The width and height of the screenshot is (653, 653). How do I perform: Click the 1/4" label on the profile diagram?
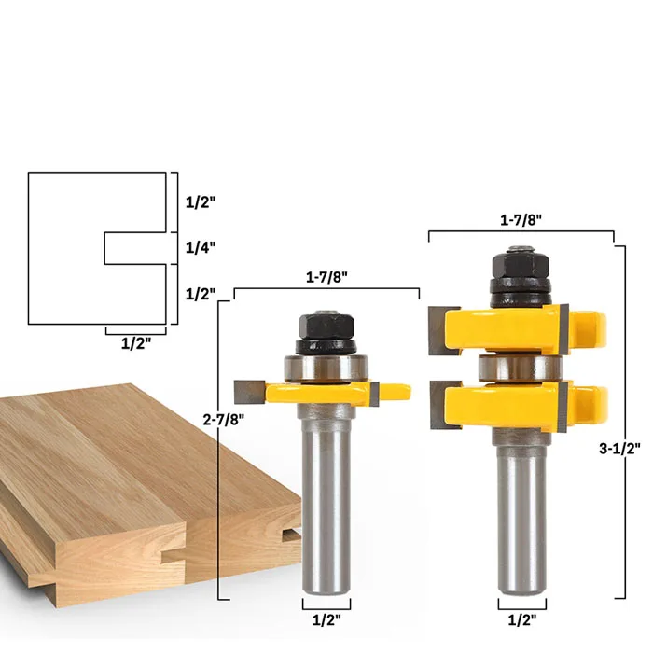[201, 248]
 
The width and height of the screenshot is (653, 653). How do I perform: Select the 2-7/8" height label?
[224, 420]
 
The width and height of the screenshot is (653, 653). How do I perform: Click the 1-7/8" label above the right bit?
[521, 220]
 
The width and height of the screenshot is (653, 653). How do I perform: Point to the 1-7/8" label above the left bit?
[326, 277]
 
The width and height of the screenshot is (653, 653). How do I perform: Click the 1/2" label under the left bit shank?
[326, 620]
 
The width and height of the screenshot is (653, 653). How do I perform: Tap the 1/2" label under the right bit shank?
[522, 620]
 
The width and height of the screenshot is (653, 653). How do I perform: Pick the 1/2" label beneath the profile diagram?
[136, 343]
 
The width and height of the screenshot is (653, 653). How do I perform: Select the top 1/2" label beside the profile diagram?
[201, 202]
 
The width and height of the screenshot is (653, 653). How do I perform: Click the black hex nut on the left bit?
[326, 326]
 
